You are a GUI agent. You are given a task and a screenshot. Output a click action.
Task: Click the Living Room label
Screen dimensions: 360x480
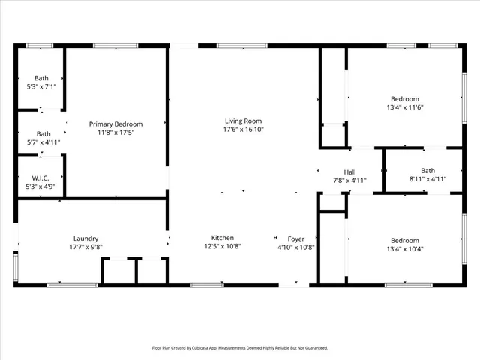(243, 121)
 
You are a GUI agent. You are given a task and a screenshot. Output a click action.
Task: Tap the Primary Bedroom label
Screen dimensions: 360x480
(115, 124)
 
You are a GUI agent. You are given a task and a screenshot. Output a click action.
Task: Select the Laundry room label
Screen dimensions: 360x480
(85, 238)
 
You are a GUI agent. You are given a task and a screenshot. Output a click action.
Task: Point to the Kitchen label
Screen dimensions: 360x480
(222, 238)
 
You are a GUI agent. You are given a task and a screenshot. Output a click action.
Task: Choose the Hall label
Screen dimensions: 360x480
(349, 172)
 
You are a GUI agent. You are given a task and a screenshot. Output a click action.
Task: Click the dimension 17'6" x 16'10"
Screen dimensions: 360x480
(243, 130)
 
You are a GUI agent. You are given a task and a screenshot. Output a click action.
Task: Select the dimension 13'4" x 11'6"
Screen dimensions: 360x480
(404, 108)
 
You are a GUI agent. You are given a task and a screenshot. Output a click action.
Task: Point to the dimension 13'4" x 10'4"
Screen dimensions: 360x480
(404, 249)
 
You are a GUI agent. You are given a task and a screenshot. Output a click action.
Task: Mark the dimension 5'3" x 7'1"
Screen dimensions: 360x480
(40, 86)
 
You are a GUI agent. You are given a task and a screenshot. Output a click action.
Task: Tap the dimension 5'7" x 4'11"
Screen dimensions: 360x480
(43, 142)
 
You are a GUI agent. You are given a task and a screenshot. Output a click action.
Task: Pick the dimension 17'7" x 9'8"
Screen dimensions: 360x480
(85, 247)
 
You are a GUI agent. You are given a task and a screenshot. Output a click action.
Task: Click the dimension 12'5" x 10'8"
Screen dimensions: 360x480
(222, 247)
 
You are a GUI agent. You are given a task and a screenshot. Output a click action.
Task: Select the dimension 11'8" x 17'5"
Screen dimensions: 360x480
(115, 133)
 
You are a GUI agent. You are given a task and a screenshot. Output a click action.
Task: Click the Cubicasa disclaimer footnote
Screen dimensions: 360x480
(240, 348)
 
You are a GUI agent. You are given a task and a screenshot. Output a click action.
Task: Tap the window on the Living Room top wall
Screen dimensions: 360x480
(241, 46)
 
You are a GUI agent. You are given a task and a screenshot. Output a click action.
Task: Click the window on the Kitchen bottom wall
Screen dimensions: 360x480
(206, 284)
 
